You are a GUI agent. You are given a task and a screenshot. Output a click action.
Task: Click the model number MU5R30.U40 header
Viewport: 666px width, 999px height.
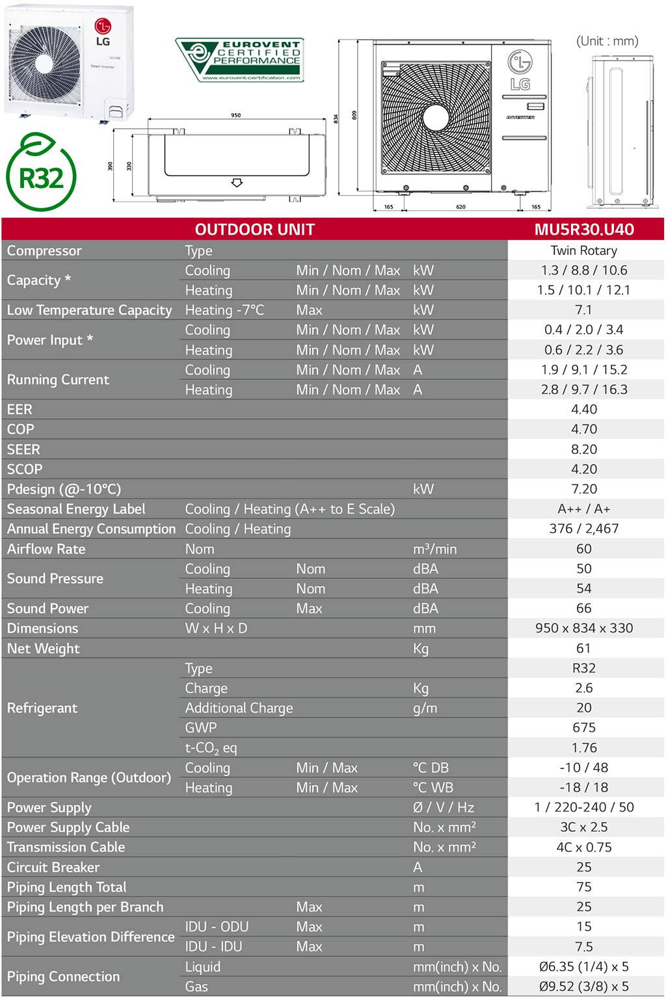click(x=583, y=229)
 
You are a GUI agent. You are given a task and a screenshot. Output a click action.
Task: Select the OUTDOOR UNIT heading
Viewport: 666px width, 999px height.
click(x=254, y=229)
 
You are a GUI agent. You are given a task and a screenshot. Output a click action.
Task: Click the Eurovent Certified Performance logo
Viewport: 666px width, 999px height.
click(x=239, y=60)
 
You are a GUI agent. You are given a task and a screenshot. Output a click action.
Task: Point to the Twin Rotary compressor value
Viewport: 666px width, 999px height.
click(x=583, y=250)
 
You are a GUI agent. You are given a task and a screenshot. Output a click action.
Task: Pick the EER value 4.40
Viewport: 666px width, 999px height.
click(x=583, y=409)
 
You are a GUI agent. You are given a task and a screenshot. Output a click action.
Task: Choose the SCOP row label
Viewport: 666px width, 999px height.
click(x=25, y=469)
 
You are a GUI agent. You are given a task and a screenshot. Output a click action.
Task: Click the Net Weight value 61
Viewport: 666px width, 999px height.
click(x=583, y=648)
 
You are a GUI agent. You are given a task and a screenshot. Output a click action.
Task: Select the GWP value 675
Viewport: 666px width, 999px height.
click(x=583, y=727)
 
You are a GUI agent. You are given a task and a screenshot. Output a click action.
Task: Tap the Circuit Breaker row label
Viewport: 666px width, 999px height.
click(x=53, y=867)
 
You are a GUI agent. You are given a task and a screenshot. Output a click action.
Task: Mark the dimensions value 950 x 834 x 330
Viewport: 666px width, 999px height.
click(x=583, y=628)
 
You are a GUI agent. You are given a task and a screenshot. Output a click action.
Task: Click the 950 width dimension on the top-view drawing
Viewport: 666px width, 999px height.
click(x=235, y=115)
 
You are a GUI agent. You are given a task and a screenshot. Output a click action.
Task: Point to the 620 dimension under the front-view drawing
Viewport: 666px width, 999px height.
click(x=460, y=207)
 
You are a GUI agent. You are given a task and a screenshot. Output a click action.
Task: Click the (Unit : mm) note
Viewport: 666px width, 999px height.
click(x=607, y=41)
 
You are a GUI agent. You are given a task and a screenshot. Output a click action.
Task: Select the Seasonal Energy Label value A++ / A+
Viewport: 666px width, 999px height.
click(x=583, y=509)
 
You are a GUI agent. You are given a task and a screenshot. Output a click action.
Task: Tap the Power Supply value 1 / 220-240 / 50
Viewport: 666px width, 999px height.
click(x=583, y=807)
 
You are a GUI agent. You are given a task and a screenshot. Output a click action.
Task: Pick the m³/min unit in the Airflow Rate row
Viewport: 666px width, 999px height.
click(x=434, y=549)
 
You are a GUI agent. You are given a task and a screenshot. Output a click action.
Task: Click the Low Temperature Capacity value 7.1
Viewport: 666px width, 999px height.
click(x=583, y=310)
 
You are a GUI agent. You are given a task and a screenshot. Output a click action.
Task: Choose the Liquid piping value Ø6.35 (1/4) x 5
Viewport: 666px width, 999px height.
click(x=583, y=966)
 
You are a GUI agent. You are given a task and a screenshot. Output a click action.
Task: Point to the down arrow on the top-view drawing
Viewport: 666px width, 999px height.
click(x=237, y=183)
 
